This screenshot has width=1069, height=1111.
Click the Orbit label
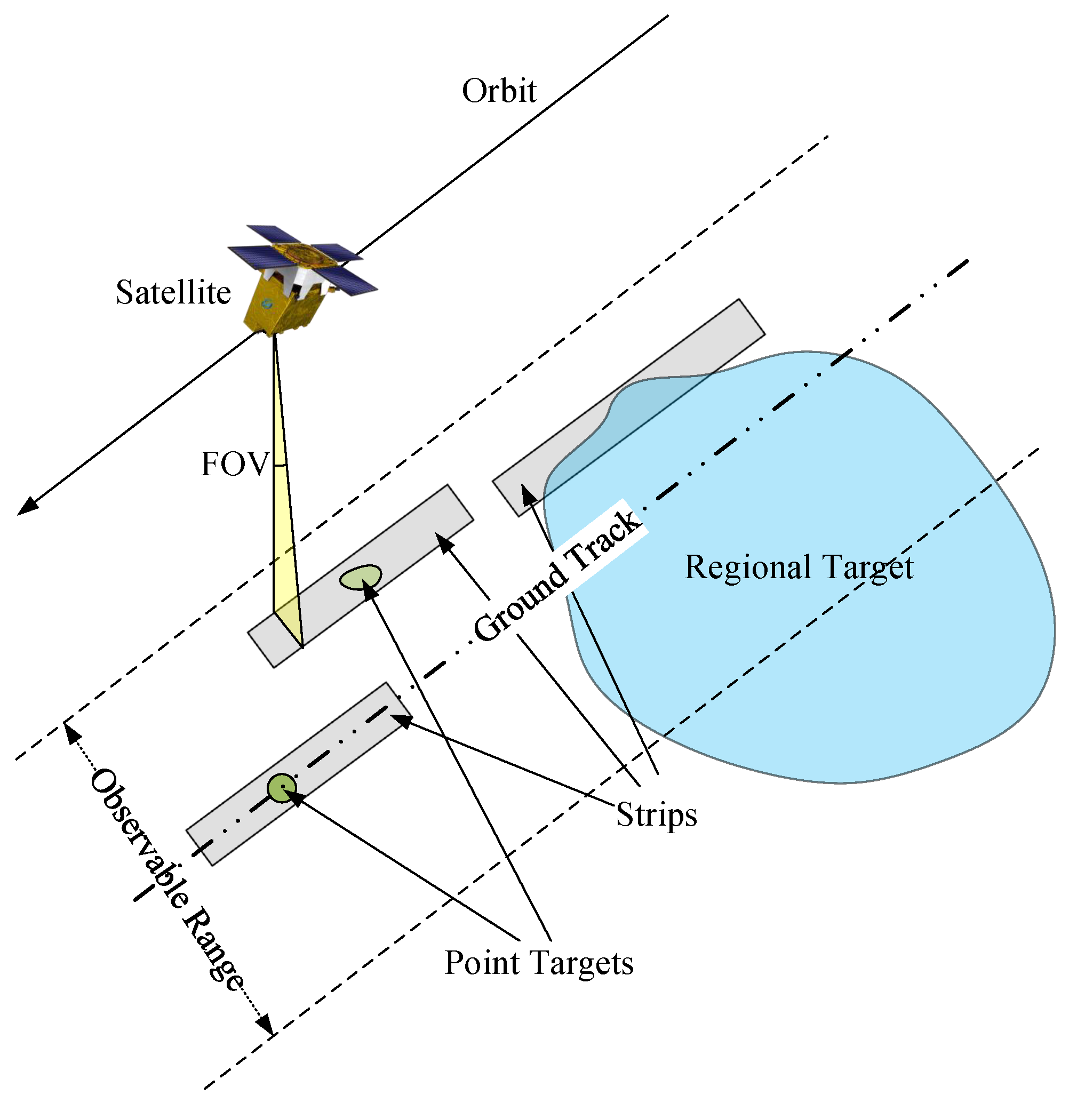tap(498, 91)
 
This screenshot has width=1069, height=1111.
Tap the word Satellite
tap(173, 292)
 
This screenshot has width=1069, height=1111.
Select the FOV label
tap(234, 464)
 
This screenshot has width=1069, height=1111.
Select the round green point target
tap(281, 788)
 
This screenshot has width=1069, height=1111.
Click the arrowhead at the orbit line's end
tap(27, 506)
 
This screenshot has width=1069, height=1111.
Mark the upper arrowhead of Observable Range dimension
tap(71, 734)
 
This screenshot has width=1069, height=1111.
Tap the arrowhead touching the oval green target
tap(369, 589)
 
